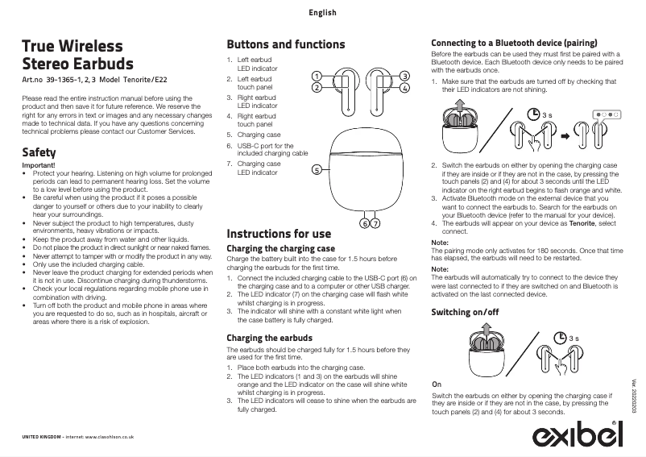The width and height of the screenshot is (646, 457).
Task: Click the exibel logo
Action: tap(577, 436)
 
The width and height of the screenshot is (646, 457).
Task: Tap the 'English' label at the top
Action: tap(322, 13)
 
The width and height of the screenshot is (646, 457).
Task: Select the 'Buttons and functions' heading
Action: tap(285, 44)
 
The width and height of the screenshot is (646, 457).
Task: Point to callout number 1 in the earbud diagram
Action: tap(317, 76)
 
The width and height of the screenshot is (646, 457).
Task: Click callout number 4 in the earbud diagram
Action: tap(404, 87)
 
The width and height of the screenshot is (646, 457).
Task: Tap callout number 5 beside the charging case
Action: tap(317, 170)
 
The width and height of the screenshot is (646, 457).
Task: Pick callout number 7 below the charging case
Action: tap(376, 222)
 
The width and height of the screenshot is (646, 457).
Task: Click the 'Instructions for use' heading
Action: tap(279, 234)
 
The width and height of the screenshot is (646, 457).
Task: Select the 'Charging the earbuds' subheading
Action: tap(269, 338)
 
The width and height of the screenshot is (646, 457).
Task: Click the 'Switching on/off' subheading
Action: tap(465, 312)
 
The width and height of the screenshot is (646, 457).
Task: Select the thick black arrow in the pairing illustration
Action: tap(565, 136)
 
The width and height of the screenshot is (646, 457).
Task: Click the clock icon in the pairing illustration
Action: tap(536, 115)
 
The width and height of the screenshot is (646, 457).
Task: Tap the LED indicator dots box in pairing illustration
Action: tap(607, 115)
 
